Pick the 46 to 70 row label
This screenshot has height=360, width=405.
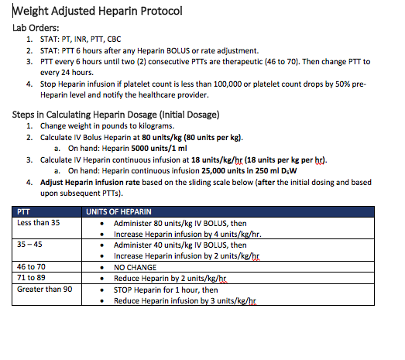pyautogui.click(x=33, y=266)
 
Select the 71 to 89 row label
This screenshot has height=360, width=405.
pyautogui.click(x=33, y=277)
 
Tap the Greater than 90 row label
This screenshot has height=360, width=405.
pyautogui.click(x=45, y=288)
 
